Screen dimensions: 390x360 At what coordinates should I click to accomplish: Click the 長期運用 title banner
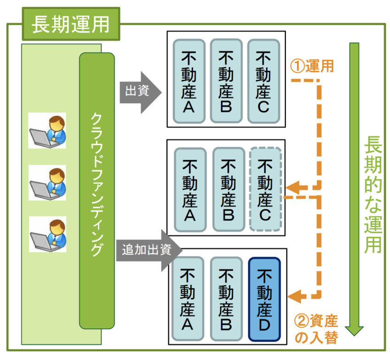coord(71,24)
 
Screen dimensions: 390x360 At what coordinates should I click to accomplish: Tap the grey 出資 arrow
coord(140,93)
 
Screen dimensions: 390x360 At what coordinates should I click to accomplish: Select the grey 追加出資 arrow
coord(149,250)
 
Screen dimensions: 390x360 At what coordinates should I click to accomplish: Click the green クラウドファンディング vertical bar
coord(97,191)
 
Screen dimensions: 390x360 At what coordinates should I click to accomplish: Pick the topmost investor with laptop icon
coord(47,130)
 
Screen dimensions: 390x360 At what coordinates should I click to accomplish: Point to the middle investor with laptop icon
coord(47,183)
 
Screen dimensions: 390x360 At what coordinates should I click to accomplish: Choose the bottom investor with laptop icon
coord(48,234)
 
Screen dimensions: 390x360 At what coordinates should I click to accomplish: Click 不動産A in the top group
coord(189,81)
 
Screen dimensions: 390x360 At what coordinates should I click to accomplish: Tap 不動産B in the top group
coord(226,81)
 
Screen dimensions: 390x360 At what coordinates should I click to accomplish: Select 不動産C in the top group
coord(264,81)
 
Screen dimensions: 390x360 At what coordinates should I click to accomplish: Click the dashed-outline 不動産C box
coord(265,189)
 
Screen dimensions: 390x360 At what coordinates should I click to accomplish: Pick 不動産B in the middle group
coord(228,190)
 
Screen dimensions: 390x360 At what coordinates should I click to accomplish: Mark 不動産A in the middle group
coord(190,190)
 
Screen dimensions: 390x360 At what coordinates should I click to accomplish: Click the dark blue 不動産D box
coord(264,299)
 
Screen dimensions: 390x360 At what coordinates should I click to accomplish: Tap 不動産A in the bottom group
coord(188,299)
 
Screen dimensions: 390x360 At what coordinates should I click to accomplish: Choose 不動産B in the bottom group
coord(226,299)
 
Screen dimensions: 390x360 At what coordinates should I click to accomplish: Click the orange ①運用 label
coord(312,66)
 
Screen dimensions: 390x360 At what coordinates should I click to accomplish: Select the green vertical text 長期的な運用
coord(373,195)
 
